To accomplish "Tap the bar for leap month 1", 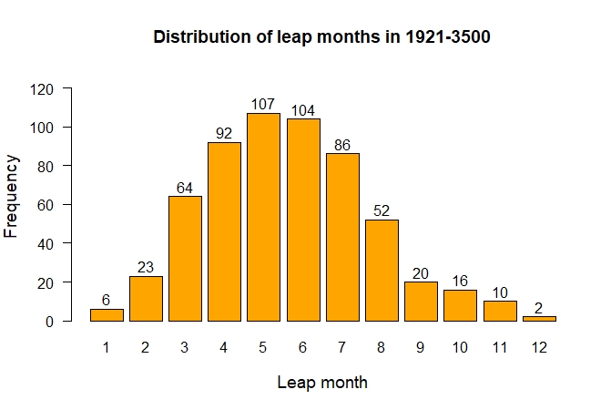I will click(x=107, y=315).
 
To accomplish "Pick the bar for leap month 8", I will click(x=381, y=271).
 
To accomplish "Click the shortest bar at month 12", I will click(x=538, y=319).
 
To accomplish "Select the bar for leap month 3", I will click(x=185, y=259).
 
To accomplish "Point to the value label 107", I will click(x=263, y=104).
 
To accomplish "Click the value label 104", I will click(x=302, y=110).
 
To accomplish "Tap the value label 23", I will click(x=146, y=267).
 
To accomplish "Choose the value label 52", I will click(x=381, y=210).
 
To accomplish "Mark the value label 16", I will click(x=460, y=281).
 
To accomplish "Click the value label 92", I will click(x=224, y=133).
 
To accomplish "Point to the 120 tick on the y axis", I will click(x=43, y=89).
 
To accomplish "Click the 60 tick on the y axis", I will click(x=46, y=205).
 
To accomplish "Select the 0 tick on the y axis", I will click(x=50, y=322).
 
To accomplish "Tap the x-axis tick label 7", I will click(x=341, y=347).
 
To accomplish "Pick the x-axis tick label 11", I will click(x=499, y=347).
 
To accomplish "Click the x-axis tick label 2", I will click(x=146, y=347).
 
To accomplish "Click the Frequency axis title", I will click(x=12, y=196).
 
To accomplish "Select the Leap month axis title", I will click(x=322, y=383).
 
